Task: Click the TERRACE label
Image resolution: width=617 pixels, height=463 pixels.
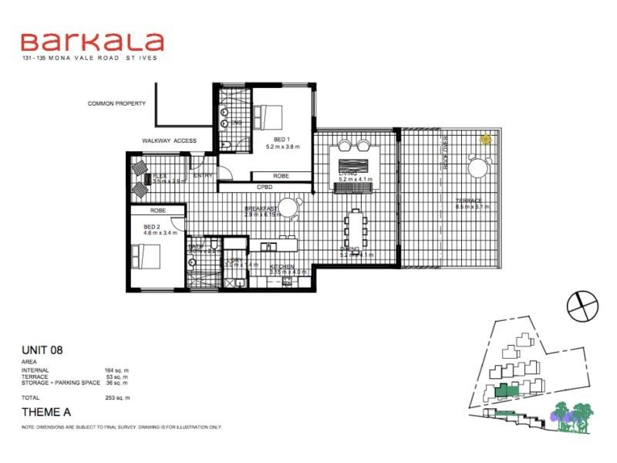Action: (x=468, y=200)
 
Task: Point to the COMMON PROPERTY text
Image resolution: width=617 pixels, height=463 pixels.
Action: (x=116, y=103)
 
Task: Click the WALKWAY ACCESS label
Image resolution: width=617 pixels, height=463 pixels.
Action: (x=169, y=140)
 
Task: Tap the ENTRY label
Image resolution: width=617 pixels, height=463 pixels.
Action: (x=203, y=175)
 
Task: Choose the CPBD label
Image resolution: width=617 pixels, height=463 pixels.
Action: (x=265, y=188)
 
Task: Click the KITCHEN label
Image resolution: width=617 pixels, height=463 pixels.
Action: (x=282, y=266)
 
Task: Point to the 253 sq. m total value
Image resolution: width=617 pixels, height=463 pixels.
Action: (x=117, y=397)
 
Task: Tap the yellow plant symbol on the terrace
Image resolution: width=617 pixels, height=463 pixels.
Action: (x=486, y=140)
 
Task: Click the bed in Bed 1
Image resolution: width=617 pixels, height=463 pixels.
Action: (x=267, y=118)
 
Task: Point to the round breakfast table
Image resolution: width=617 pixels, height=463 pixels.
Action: (x=288, y=207)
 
